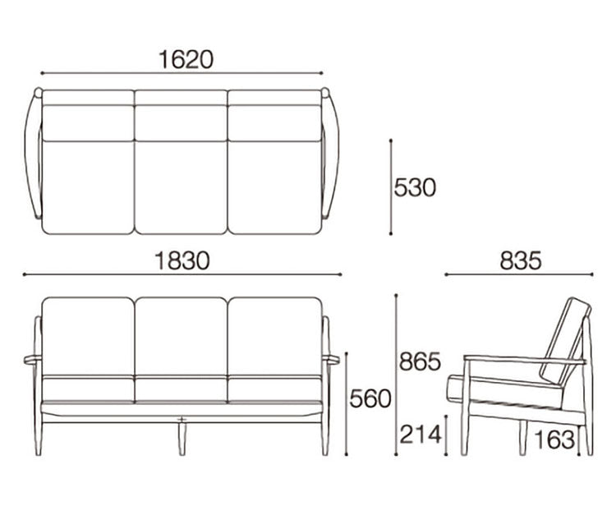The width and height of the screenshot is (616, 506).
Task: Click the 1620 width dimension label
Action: [x=186, y=60]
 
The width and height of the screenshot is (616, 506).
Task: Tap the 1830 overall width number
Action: [x=182, y=261]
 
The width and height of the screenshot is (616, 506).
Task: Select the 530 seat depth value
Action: [x=415, y=187]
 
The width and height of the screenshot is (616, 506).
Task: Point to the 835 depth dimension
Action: [x=521, y=260]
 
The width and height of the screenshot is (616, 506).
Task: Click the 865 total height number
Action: [x=420, y=361]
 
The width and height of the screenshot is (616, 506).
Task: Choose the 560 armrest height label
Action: [x=370, y=398]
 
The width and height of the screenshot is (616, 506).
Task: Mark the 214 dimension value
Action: [x=421, y=435]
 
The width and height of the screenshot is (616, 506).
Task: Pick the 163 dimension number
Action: [x=554, y=439]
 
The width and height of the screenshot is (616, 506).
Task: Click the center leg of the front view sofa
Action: [x=182, y=439]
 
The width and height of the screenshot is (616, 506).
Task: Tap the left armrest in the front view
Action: [x=33, y=359]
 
